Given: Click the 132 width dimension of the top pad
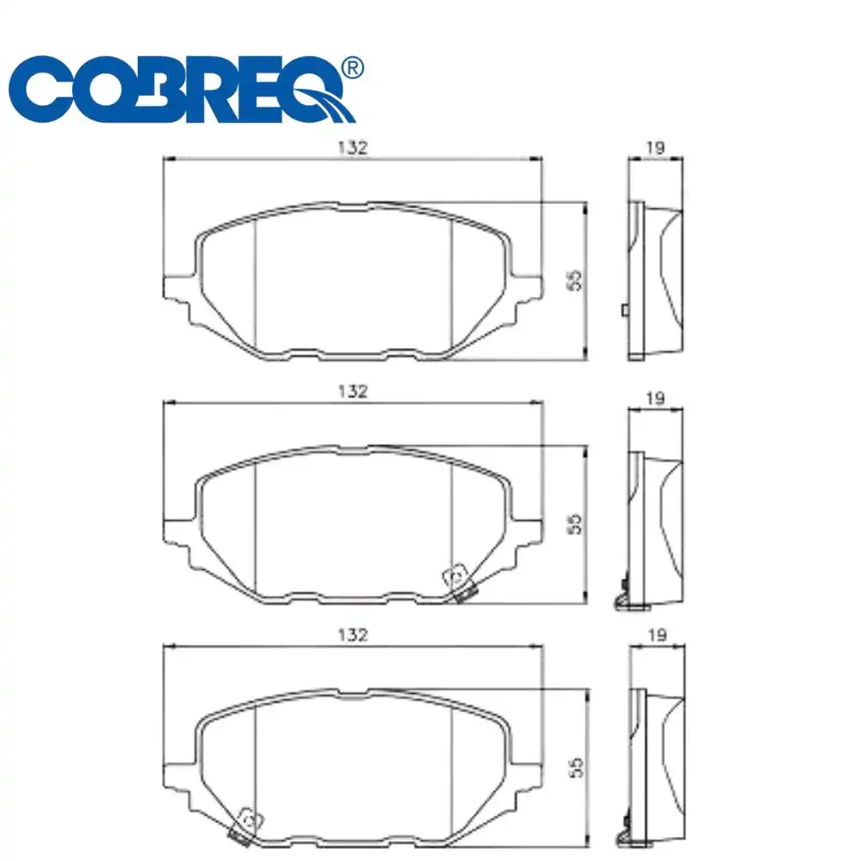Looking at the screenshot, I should point(353,147).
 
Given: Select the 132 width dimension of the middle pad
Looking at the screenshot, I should point(353,391).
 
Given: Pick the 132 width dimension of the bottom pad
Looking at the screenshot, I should point(353,635).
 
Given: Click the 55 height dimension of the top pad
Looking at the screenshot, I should point(576,279).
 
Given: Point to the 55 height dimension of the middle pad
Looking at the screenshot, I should point(576,523).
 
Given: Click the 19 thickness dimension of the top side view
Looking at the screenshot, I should point(654,147).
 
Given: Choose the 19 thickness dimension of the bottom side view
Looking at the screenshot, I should point(654,635).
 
